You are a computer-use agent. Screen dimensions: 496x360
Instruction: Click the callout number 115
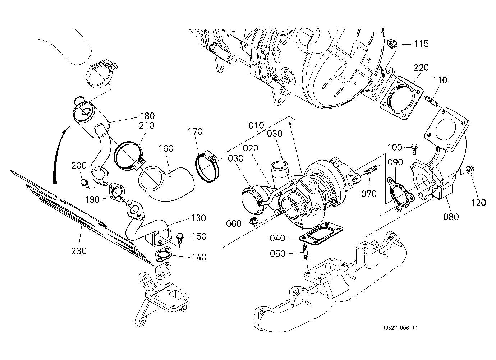(x=421, y=43)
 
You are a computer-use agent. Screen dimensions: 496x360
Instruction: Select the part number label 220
(x=421, y=68)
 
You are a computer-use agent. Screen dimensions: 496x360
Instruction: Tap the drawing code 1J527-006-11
(x=400, y=328)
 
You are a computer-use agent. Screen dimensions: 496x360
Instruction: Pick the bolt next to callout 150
(x=179, y=238)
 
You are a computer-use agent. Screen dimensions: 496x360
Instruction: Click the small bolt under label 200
(x=84, y=182)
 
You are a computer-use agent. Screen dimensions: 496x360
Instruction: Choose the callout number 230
(x=79, y=251)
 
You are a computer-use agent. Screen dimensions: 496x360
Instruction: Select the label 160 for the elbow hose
(x=166, y=148)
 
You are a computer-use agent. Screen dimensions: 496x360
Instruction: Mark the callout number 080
(x=451, y=217)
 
